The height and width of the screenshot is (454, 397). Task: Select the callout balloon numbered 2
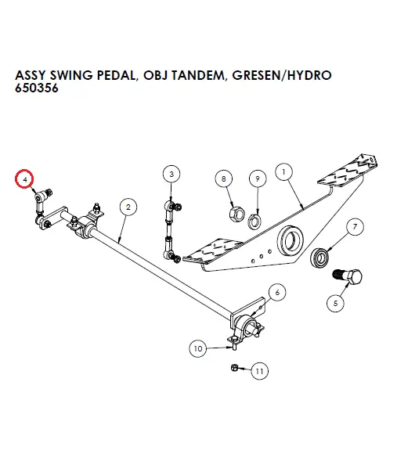(x=127, y=206)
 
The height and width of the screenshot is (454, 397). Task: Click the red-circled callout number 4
(x=27, y=178)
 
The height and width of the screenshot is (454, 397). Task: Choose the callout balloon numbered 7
(x=355, y=228)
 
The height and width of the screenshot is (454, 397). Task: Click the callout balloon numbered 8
(x=225, y=179)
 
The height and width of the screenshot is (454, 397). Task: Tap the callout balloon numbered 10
(x=197, y=348)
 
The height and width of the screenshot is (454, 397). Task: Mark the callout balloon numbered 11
(x=259, y=371)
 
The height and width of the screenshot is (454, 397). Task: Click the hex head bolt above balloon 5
(x=348, y=276)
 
